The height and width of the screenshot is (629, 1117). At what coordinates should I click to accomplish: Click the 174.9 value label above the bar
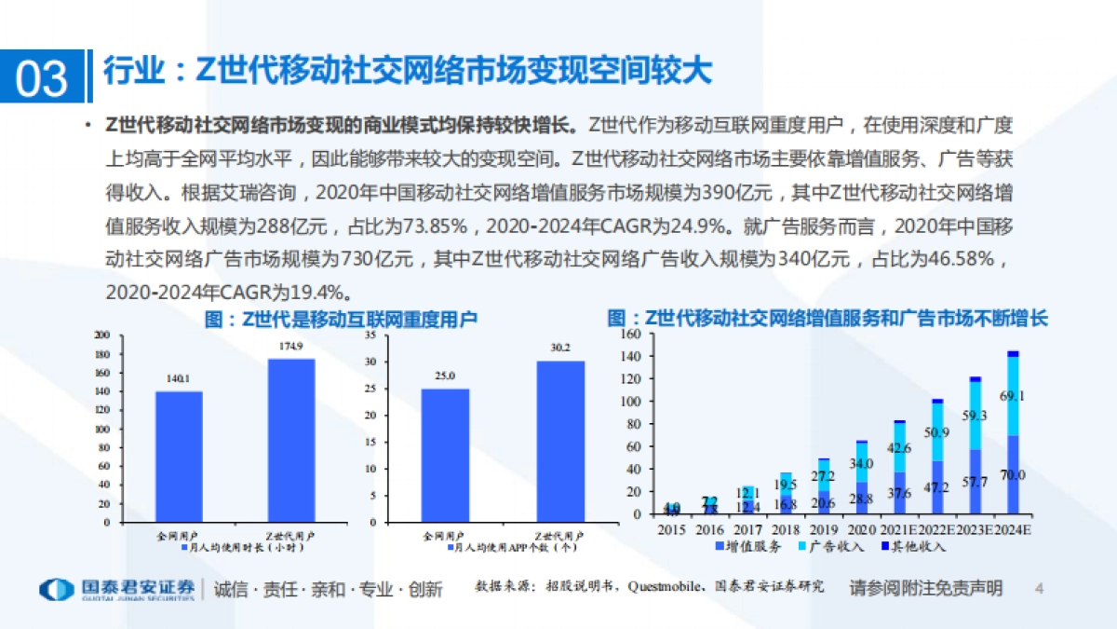click(x=290, y=347)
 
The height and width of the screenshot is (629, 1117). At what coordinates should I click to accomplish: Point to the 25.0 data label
click(x=445, y=376)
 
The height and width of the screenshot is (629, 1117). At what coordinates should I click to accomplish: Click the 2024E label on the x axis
click(x=1013, y=528)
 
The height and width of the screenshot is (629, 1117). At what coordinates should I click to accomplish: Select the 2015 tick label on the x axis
click(x=671, y=528)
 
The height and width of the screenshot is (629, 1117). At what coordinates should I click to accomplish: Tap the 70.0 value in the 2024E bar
click(x=1013, y=475)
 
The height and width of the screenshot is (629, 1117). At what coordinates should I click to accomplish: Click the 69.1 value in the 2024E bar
click(x=1013, y=396)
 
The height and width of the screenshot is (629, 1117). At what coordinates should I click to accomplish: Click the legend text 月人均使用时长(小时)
click(x=236, y=550)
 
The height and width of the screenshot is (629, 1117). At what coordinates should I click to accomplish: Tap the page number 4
click(x=1040, y=589)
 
